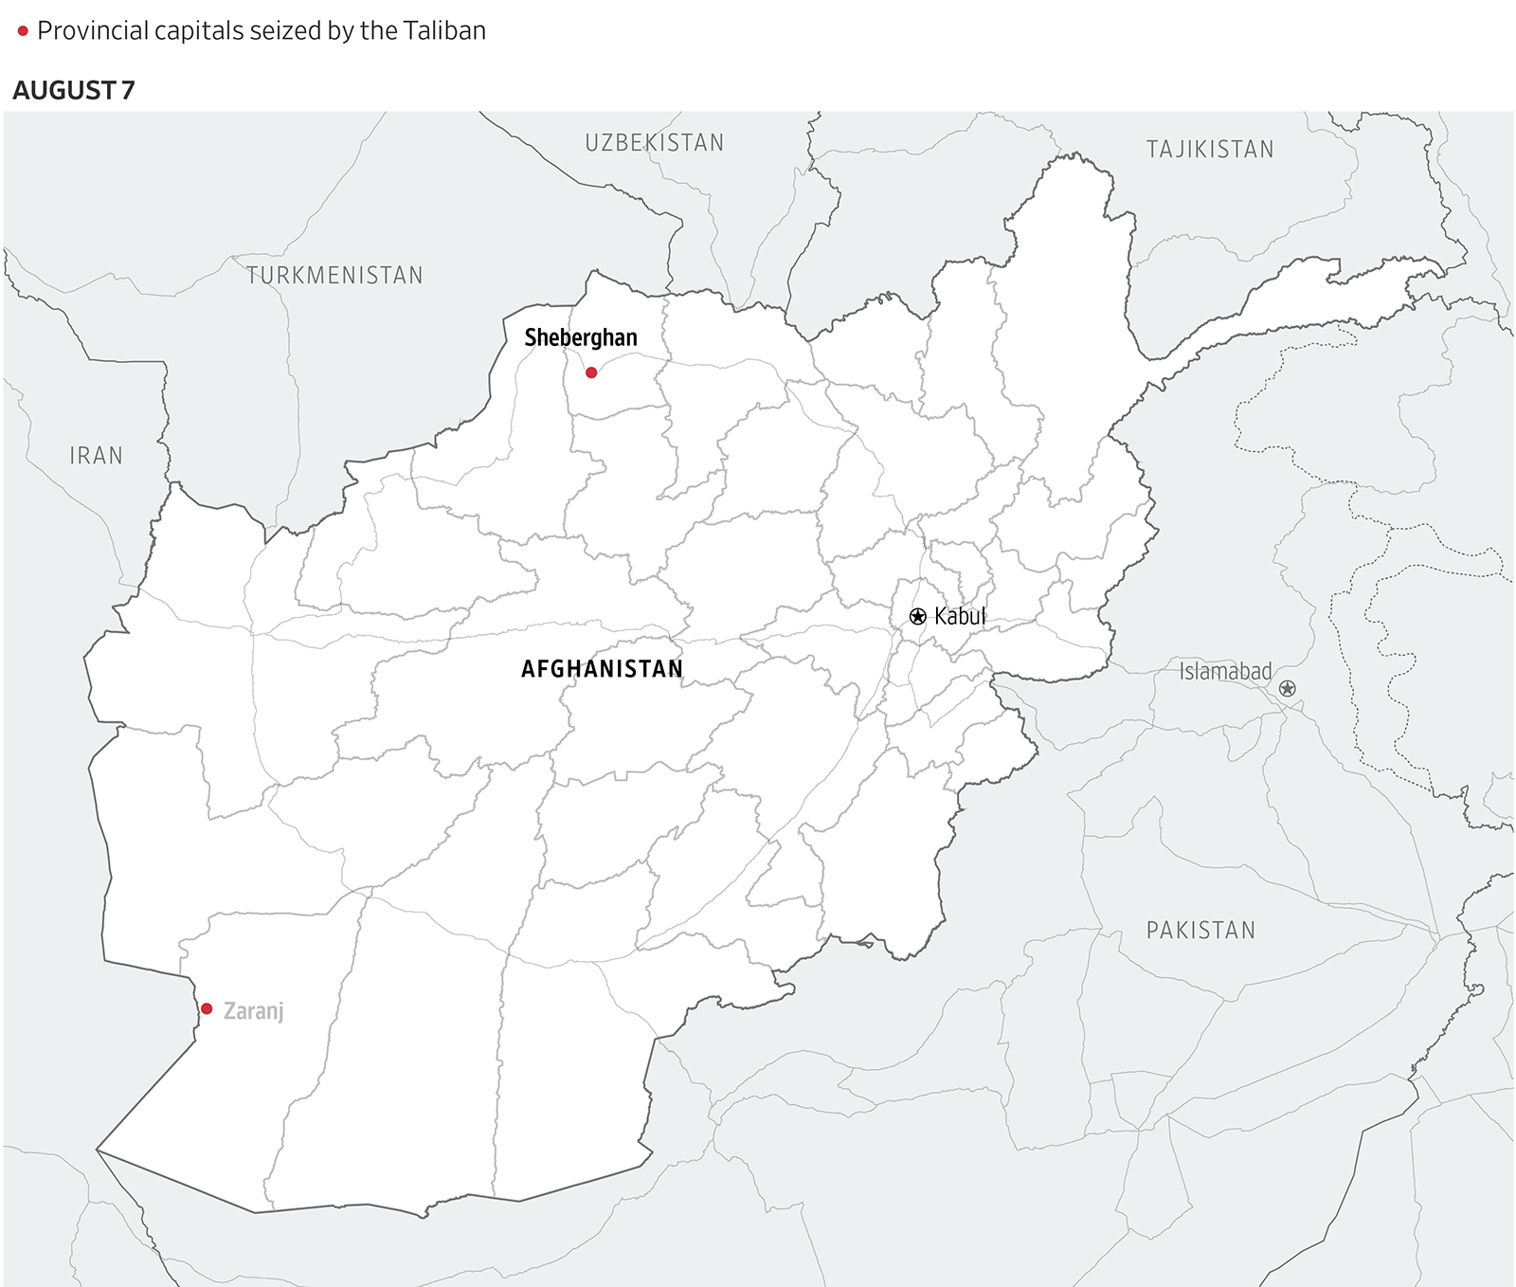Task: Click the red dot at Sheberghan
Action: click(591, 372)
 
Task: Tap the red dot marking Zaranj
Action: click(207, 1008)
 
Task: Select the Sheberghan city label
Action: click(581, 338)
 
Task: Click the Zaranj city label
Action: click(253, 1011)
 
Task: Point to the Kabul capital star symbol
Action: click(917, 617)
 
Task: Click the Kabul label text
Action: click(960, 616)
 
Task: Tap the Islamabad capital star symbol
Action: click(1287, 689)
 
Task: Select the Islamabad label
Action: click(1225, 671)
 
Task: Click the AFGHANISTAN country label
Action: click(602, 669)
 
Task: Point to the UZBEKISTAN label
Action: click(654, 143)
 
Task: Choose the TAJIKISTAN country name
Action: click(1210, 150)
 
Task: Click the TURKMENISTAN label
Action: click(334, 276)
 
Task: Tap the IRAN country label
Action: click(97, 456)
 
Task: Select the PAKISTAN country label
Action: click(1200, 931)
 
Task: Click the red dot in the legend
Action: click(23, 31)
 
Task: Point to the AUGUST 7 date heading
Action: click(74, 91)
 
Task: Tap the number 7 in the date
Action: click(128, 91)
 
